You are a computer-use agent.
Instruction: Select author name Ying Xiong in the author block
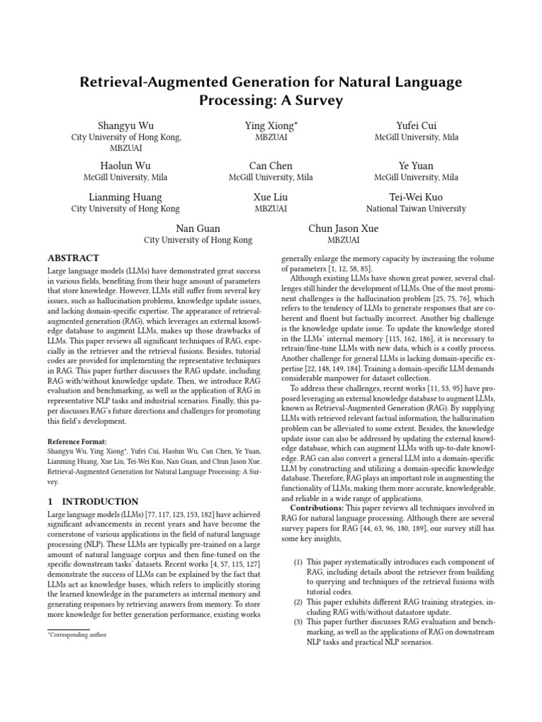[270, 126]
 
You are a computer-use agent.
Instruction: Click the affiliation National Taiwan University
[416, 209]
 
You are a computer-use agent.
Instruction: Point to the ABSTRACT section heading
[73, 258]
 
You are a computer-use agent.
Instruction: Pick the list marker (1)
[298, 562]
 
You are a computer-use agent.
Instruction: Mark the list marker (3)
[298, 622]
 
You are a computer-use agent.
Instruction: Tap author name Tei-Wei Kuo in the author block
[416, 197]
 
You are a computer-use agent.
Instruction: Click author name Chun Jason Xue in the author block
[343, 228]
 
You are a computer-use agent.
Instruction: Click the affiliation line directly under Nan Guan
[198, 240]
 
